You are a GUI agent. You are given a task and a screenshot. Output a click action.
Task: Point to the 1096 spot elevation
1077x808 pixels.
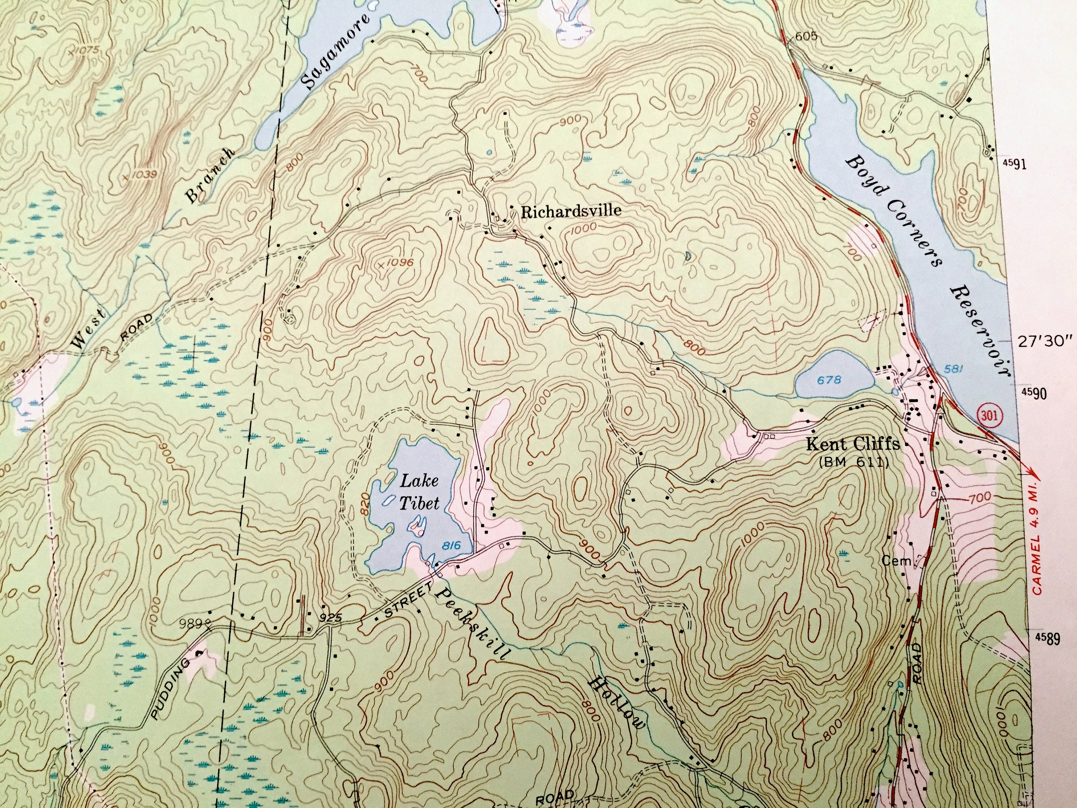[x=401, y=263]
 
